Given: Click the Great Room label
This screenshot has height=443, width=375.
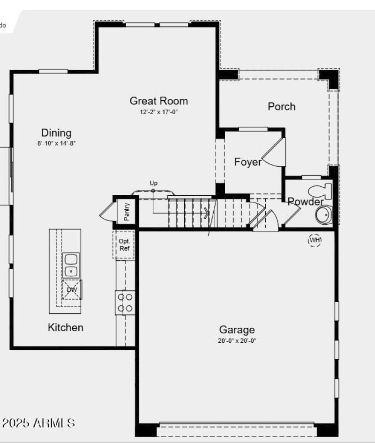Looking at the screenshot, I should pos(158,101).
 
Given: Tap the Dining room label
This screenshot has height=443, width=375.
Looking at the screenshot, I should pos(56,133).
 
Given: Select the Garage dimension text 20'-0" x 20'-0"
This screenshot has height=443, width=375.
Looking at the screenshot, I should pos(237,341).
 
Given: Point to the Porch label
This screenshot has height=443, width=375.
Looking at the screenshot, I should pos(281,106).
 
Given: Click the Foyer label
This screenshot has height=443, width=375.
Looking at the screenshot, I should pos(248,162).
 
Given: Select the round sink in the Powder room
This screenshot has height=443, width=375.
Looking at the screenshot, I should pos(322,215).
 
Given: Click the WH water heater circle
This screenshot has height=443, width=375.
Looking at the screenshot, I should pos(315,240).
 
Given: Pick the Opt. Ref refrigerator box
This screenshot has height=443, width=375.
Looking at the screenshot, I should pos(124,244).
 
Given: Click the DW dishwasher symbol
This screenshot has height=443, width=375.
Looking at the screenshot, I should pos(72,289).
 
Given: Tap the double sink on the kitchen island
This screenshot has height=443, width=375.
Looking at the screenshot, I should pos(71,265).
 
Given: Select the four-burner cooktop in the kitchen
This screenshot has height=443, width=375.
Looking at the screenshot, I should pos(125,302).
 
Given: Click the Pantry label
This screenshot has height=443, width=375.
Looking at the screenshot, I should pos(127,211).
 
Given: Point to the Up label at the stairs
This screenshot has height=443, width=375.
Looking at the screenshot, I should pos(153,183).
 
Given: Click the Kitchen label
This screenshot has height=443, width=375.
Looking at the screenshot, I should pos(66,327).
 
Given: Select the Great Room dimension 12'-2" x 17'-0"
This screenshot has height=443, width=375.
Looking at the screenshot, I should pos(159,112).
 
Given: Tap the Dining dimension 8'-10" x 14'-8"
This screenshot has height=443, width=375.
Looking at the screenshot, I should pos(57,143).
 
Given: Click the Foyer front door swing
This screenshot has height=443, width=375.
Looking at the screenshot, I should pos(272,152).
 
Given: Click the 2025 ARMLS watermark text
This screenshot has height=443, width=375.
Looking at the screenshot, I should pos(38,423).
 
